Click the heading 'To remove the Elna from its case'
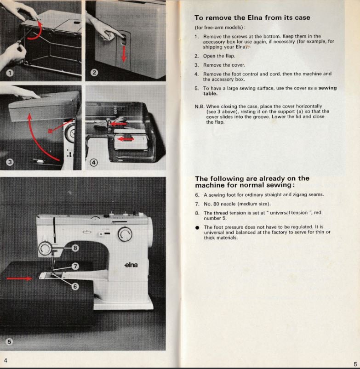tap(252, 18)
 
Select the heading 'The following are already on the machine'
tap(252, 182)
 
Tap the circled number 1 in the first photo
tap(10, 73)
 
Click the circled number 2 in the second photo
tap(94, 73)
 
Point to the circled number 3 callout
tap(10, 162)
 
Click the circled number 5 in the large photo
tap(10, 341)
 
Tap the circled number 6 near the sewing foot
tap(75, 286)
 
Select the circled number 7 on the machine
tap(76, 266)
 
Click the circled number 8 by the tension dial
tap(76, 248)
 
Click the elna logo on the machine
tap(131, 265)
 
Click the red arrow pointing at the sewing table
tap(19, 278)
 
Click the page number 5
tap(355, 363)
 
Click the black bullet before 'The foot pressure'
tap(197, 227)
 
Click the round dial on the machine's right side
tap(124, 235)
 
